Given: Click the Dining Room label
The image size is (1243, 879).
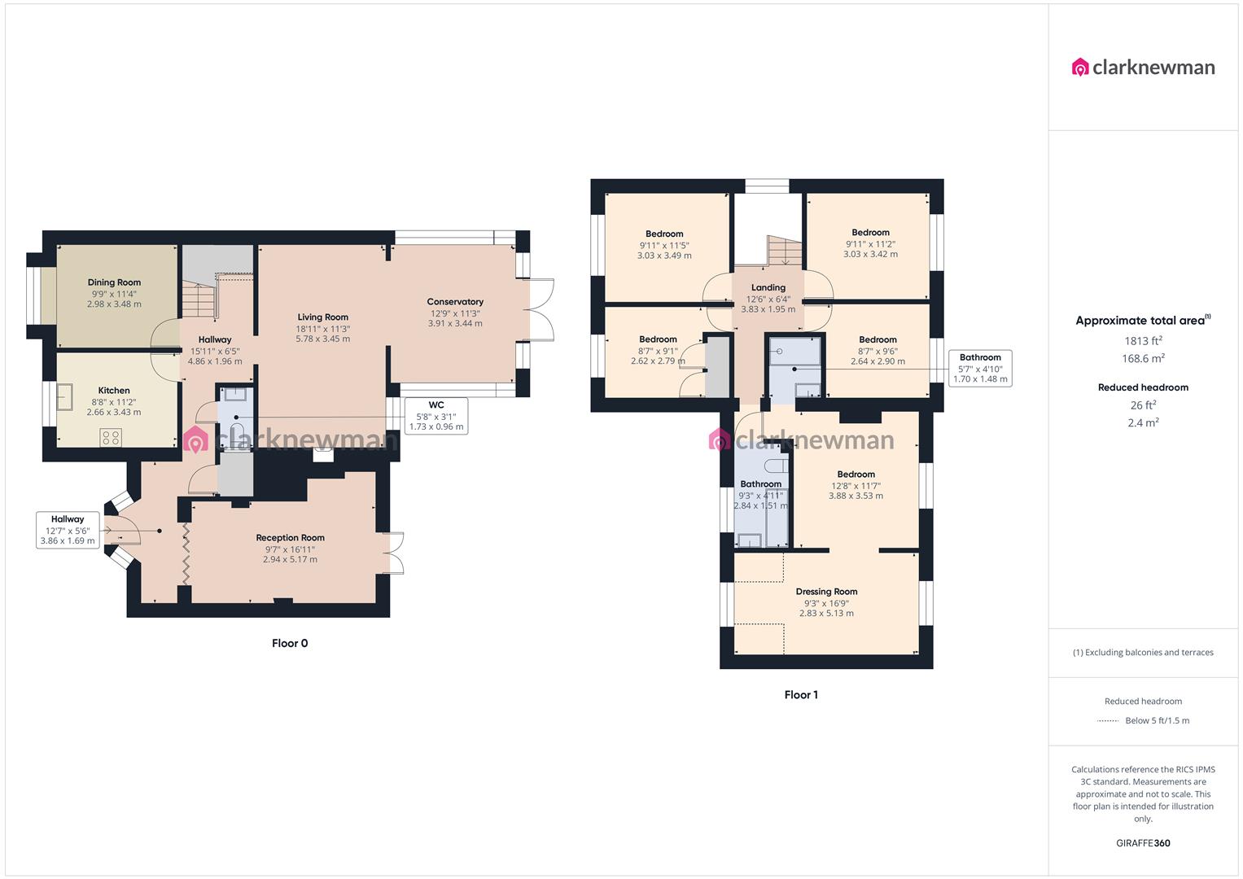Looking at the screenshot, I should pos(114,282).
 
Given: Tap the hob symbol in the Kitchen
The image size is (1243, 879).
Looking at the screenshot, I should pos(110,438).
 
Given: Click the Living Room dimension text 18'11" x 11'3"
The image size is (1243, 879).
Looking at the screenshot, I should pos(322,328).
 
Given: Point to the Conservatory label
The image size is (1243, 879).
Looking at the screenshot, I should pos(455,302).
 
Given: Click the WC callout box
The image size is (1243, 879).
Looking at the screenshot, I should pos(435,416).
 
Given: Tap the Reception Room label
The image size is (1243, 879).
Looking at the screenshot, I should pos(290,538).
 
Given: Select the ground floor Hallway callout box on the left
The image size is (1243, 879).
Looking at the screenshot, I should pos(68,530).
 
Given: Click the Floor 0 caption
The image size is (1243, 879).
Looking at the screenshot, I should pos(290,643).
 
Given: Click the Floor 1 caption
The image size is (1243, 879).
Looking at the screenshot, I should pos(801,694).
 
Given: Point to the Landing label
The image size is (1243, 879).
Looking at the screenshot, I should pos(768,287).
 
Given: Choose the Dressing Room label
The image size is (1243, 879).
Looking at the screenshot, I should pos(826,592).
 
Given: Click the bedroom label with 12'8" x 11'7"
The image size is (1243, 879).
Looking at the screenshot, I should pos(856,474).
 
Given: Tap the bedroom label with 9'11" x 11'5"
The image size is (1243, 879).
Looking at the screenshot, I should pos(664,234).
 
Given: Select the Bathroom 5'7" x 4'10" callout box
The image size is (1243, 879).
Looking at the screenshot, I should pos(980,368).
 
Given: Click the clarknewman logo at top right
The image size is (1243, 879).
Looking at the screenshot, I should pos(1143,67).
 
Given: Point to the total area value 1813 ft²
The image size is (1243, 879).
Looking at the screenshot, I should pos(1143,341).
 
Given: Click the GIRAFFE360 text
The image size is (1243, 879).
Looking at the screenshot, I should pos(1143,843).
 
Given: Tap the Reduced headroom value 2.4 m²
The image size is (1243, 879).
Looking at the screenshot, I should pos(1143,422).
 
